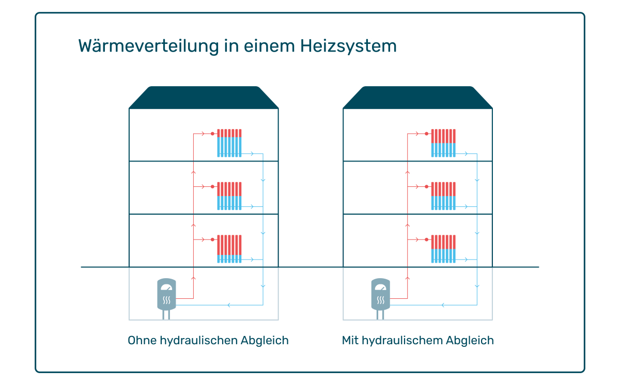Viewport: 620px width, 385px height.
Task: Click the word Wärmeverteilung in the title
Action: (149, 46)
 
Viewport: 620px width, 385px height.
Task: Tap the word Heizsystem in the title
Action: (348, 46)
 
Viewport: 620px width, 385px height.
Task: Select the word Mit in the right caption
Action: (350, 340)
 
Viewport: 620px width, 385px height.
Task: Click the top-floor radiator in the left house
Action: (229, 143)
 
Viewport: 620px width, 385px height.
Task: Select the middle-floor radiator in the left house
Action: (229, 196)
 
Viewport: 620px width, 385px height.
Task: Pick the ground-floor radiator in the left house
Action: (229, 249)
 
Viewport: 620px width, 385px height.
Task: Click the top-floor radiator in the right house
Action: (443, 143)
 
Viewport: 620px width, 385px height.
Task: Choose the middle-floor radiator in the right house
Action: (443, 196)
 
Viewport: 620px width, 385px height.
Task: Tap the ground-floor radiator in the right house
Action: (443, 249)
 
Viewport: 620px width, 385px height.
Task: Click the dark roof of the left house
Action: (204, 98)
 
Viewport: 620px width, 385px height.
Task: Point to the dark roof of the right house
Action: (417, 98)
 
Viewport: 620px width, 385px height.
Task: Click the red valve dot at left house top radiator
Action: (212, 134)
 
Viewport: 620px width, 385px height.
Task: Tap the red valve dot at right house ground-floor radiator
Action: (427, 239)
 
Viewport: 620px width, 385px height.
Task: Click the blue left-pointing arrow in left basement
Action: (229, 305)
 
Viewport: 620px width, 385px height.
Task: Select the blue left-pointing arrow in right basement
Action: (443, 305)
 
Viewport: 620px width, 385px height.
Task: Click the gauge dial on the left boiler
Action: (166, 287)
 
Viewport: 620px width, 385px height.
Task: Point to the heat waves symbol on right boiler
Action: (381, 300)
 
